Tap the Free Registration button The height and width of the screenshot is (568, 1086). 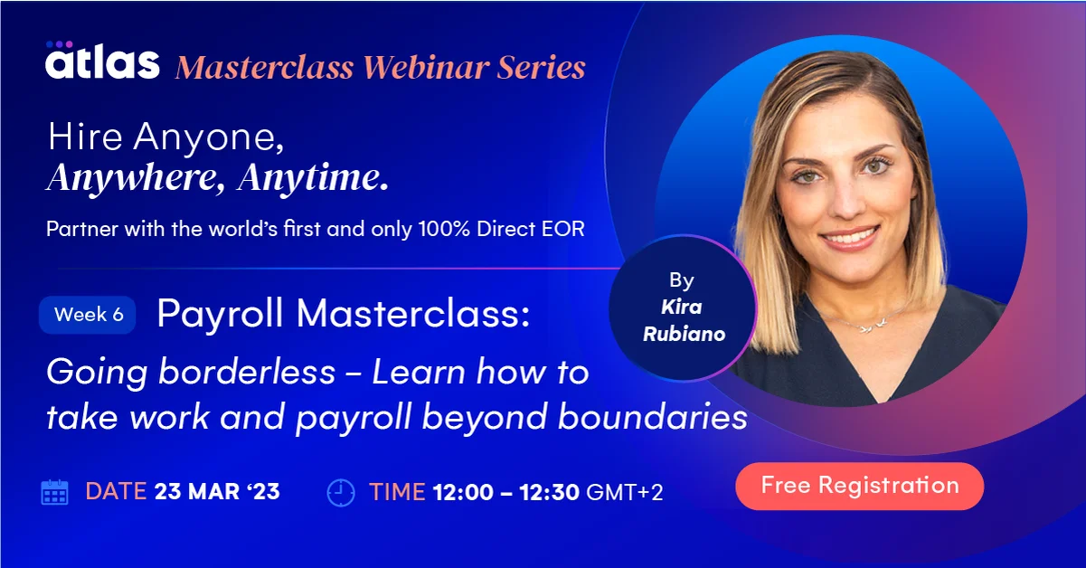[x=859, y=486]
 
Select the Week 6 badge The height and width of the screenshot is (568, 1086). [x=88, y=315]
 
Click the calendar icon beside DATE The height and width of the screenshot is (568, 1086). [x=55, y=492]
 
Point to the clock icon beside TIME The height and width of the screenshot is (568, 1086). [x=340, y=492]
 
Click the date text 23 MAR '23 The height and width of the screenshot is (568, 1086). [x=217, y=492]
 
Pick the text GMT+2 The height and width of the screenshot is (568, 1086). [x=625, y=493]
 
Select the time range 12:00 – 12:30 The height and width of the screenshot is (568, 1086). [x=506, y=493]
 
